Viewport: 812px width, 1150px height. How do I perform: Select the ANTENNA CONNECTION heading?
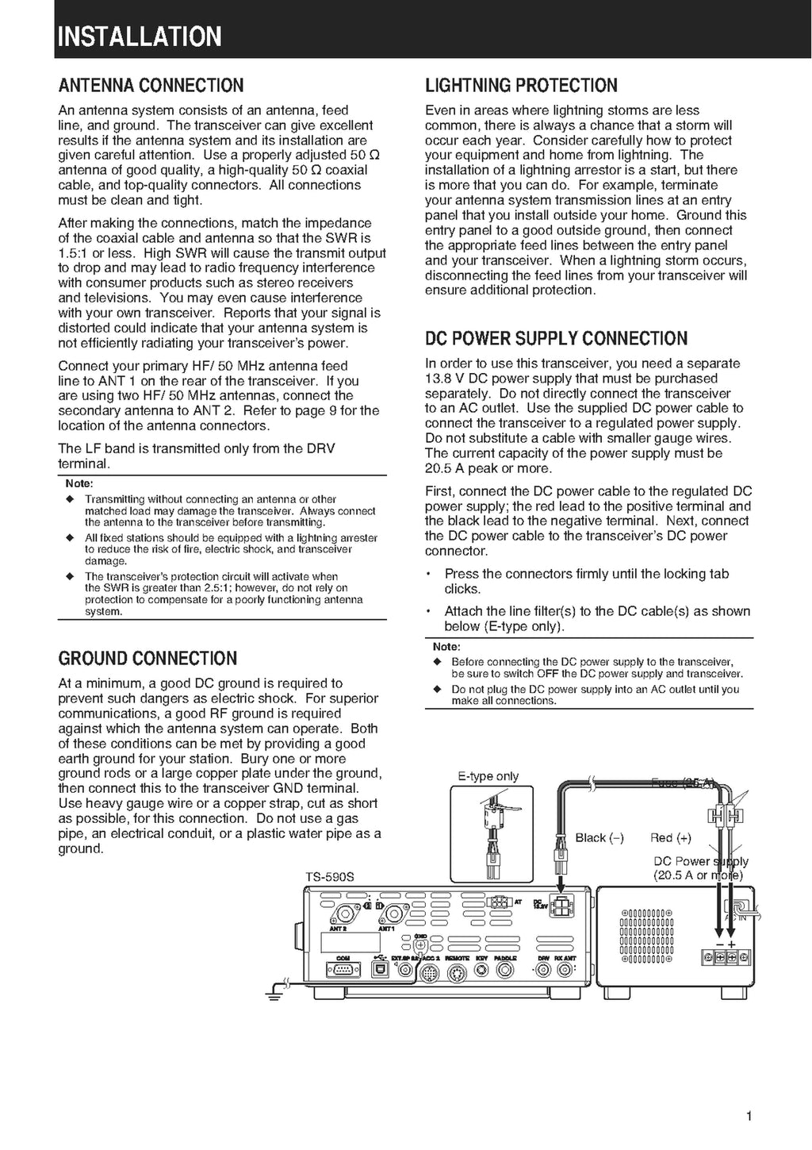151,86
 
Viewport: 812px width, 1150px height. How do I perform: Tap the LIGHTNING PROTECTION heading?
521,86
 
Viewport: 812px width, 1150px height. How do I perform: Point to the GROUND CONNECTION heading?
147,659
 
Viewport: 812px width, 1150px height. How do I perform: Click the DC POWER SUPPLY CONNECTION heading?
556,339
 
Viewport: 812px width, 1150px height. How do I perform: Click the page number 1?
749,1117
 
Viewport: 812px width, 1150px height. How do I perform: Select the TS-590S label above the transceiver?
329,877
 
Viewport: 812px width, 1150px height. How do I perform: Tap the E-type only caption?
488,776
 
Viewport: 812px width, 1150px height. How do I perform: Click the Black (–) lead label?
599,838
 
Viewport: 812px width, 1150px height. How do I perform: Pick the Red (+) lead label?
670,838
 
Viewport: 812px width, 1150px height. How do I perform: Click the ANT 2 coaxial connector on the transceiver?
347,912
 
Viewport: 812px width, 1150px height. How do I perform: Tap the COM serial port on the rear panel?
343,971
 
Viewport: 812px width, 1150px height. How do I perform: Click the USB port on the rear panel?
380,970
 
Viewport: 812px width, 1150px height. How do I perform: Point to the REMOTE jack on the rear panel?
456,970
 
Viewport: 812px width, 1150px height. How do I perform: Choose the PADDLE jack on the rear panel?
505,970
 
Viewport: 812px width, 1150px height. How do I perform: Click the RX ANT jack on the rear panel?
565,970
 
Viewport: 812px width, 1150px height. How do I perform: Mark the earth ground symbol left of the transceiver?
274,991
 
